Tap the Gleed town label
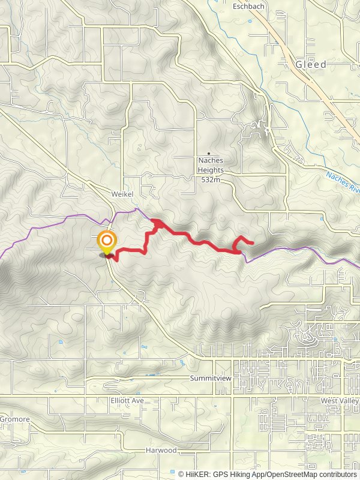311,64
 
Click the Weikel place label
121,194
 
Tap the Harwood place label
163,450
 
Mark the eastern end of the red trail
253,243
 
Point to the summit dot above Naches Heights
209,154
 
